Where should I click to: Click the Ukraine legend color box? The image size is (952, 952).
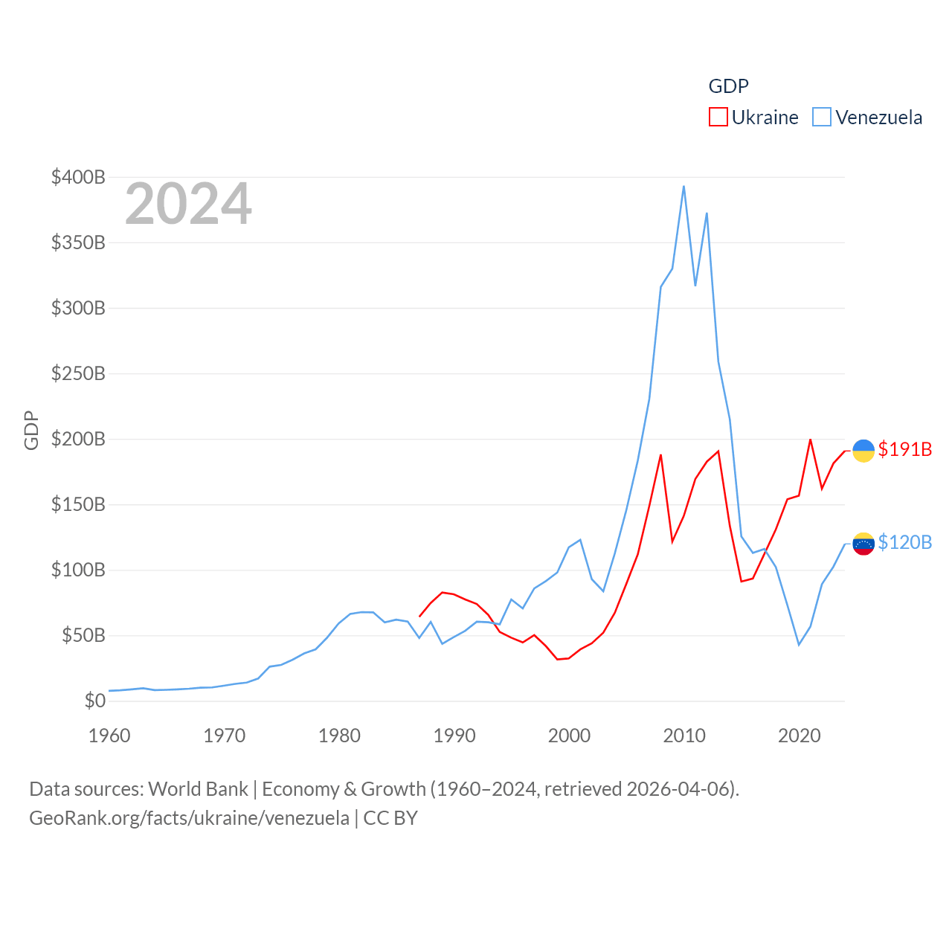(x=718, y=118)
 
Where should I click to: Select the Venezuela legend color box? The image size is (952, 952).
(x=821, y=118)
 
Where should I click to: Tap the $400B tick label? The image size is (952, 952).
(x=78, y=177)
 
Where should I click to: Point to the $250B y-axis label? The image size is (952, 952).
(x=78, y=373)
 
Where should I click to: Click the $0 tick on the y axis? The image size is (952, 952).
(x=94, y=701)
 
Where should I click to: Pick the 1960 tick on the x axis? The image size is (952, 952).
(x=109, y=736)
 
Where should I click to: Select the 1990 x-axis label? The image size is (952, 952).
(x=454, y=736)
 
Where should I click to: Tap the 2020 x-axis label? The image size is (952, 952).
(x=800, y=736)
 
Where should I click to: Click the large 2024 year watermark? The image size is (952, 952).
(x=188, y=204)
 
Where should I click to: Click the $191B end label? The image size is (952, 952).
(x=904, y=449)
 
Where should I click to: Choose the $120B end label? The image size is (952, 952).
(x=904, y=542)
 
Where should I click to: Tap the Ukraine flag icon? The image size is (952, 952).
(x=863, y=451)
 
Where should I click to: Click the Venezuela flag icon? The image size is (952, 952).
(x=863, y=544)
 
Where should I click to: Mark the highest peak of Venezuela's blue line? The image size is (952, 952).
(x=684, y=187)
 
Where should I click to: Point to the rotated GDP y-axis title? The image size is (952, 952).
(x=31, y=430)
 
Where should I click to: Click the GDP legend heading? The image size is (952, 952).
(x=728, y=86)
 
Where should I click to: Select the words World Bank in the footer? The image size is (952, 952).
(x=198, y=788)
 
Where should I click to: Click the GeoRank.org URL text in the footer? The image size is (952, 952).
(x=189, y=818)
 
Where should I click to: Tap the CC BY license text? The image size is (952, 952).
(x=390, y=818)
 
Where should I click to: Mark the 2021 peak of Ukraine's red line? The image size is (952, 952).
(x=810, y=440)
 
